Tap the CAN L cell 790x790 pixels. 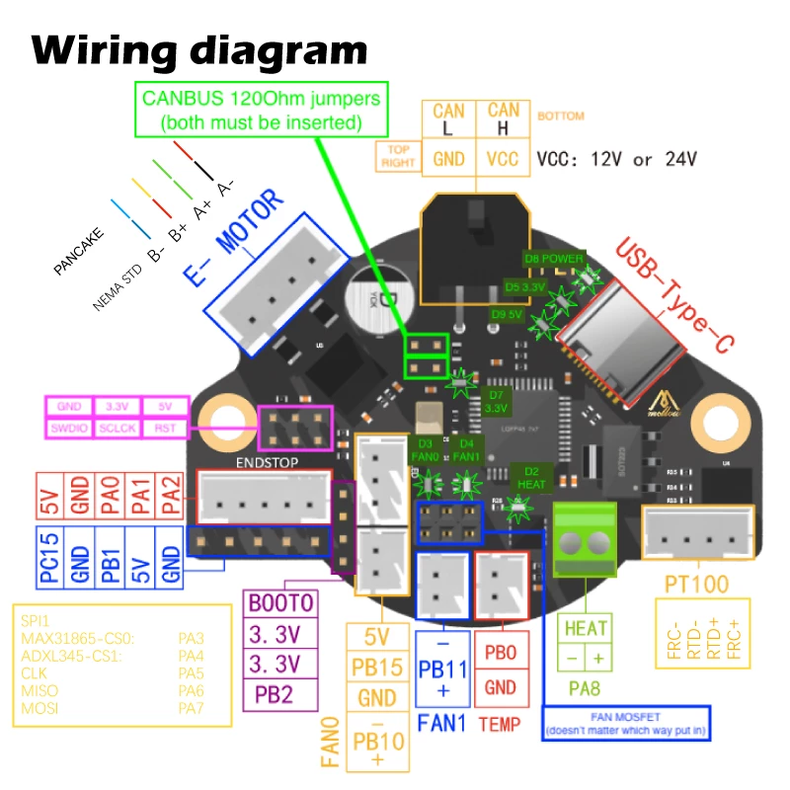tap(448, 120)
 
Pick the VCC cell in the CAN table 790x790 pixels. tap(503, 158)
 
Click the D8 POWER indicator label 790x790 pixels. tap(554, 259)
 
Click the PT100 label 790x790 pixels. tap(696, 584)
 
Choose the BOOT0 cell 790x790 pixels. tap(281, 603)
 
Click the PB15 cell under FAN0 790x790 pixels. tap(377, 668)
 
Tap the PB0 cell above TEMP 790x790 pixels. tap(502, 654)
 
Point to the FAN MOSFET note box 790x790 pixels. tap(627, 723)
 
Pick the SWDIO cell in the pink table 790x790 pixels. tap(69, 429)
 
